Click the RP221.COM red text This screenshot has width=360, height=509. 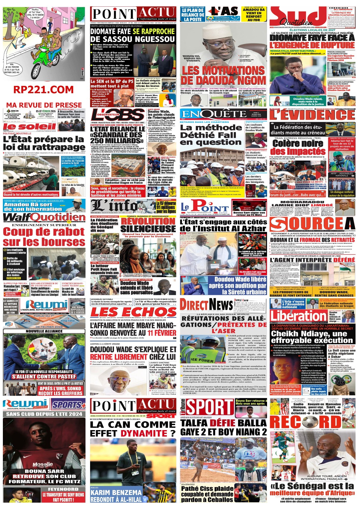point(44,90)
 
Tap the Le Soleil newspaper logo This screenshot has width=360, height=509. point(30,126)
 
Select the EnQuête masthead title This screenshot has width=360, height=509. point(213,114)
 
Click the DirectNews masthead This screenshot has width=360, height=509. point(206,305)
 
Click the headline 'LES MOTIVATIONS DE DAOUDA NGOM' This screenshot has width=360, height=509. point(223,75)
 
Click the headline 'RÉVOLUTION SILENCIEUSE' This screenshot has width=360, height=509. point(148,225)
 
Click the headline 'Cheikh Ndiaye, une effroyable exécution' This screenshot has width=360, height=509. point(312,337)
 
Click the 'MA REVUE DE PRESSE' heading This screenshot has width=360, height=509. point(44,105)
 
